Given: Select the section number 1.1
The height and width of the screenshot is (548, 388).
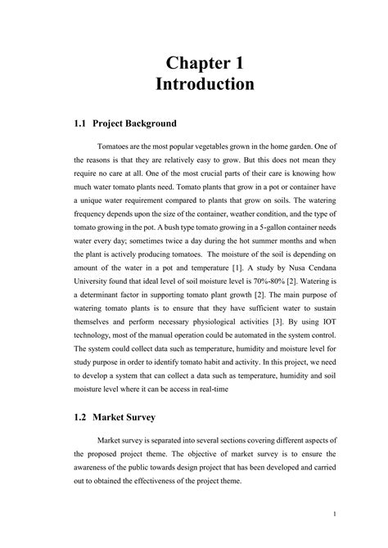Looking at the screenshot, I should tap(79, 124).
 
